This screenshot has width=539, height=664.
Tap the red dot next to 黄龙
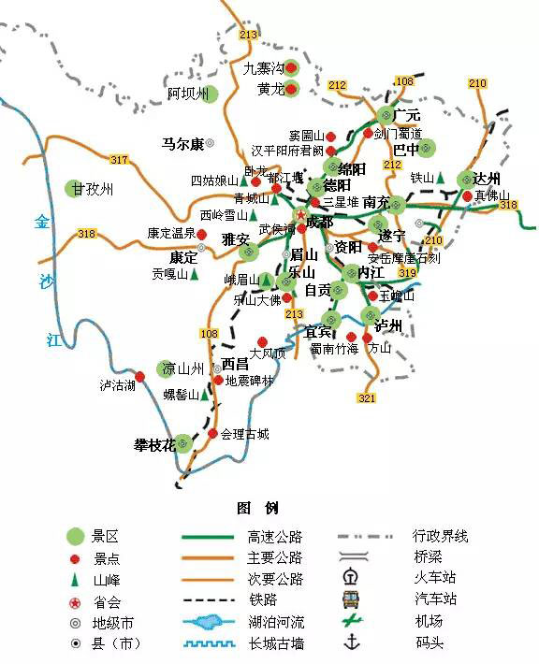(291, 90)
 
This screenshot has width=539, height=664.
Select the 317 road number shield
(119, 160)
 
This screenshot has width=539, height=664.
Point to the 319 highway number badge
(407, 272)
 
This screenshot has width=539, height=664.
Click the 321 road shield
(366, 398)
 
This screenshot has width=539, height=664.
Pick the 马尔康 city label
(182, 144)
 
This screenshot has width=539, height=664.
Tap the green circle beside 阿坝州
(210, 94)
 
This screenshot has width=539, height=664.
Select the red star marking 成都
(300, 215)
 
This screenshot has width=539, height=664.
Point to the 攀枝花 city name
(154, 444)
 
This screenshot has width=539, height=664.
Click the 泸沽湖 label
(117, 384)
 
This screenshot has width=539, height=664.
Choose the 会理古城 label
(245, 434)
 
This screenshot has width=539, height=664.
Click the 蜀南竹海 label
(334, 348)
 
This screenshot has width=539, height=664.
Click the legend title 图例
(257, 508)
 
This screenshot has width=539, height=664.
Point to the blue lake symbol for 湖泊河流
(208, 621)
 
